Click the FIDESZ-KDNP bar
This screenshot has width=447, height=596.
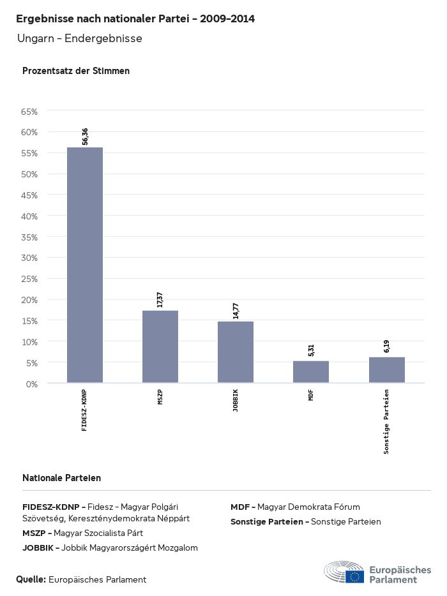point(85,265)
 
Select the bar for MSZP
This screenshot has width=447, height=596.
point(160,346)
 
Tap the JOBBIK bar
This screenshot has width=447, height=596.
point(236,352)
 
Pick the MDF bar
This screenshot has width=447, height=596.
point(311,372)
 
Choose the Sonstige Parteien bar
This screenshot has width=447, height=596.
point(386,370)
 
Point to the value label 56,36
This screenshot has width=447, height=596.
point(85,137)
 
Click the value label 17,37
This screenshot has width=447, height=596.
point(160,299)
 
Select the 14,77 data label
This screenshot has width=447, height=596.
point(236,310)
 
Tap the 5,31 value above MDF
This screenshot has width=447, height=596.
point(311,350)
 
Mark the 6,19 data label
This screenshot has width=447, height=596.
point(386,346)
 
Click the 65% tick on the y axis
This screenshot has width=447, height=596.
point(30,112)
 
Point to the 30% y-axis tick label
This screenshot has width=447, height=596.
point(30,258)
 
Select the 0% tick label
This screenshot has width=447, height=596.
point(32,384)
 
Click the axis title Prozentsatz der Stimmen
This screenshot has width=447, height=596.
point(76,71)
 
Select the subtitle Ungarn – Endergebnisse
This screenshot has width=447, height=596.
point(80,39)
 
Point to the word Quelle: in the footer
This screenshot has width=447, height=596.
point(31,579)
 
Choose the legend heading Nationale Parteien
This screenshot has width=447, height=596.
point(61,478)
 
